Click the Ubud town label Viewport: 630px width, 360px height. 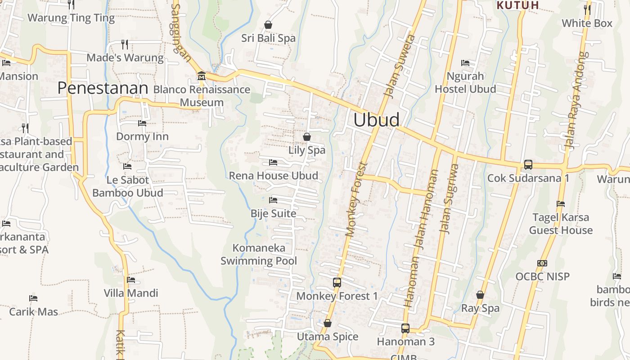point(376,120)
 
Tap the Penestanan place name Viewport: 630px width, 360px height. point(103,88)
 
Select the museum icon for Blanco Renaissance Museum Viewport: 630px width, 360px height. point(201,76)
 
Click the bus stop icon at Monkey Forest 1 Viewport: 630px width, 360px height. point(337,283)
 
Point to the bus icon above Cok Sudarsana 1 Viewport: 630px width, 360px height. point(528,165)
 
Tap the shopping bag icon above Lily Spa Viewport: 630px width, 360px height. point(307,136)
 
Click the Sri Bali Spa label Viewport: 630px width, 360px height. point(268,38)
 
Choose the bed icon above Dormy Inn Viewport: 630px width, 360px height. point(142,123)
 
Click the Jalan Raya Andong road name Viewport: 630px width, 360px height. point(576,100)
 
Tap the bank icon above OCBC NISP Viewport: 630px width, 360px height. point(542,263)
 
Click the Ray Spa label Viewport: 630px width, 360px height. point(480,308)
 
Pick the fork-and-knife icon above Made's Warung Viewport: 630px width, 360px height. point(125,44)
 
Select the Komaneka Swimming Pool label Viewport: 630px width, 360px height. point(259,254)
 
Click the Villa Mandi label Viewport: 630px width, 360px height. point(131,293)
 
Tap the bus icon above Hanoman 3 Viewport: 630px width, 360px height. point(405,328)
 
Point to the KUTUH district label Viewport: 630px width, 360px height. point(517,5)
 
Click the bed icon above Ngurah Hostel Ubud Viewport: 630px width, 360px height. point(465,63)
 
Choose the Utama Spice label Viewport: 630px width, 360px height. point(328,337)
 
